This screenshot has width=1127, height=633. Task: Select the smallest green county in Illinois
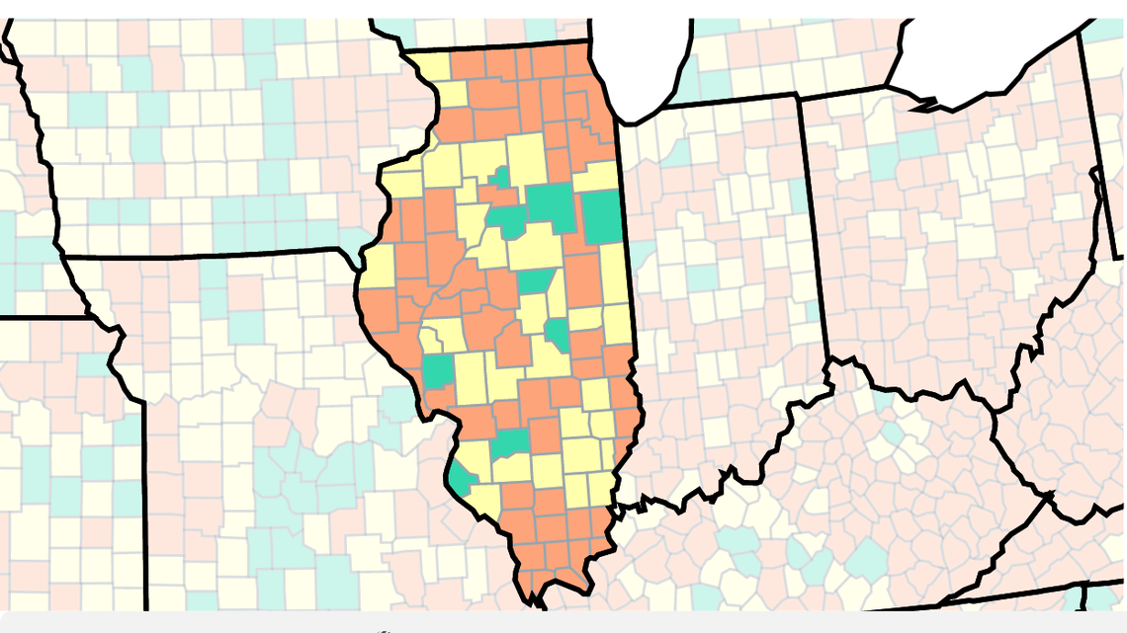502,178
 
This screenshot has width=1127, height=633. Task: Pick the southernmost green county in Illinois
459,481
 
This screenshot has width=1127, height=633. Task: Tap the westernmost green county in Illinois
437,370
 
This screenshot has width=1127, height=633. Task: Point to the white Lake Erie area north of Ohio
989,59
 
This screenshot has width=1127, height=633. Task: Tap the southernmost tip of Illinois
535,597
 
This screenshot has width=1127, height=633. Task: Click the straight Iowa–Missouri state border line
198,256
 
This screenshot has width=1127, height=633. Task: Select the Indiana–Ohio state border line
813,227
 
